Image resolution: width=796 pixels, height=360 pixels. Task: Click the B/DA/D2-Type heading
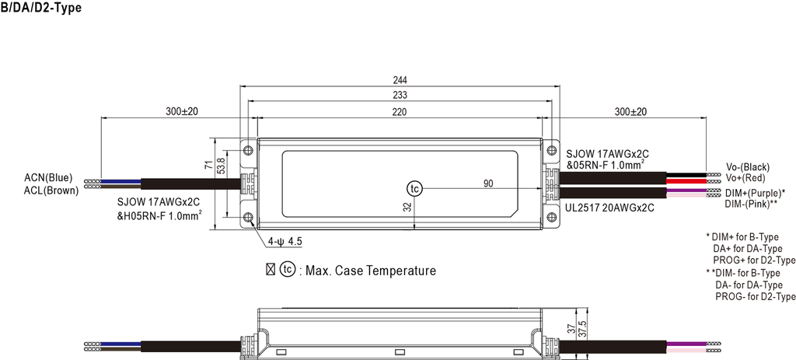click(x=41, y=8)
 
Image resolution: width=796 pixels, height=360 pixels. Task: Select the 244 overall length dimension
click(x=400, y=80)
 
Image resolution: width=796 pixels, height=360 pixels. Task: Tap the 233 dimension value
click(x=400, y=96)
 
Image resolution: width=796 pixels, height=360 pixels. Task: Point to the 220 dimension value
click(x=400, y=112)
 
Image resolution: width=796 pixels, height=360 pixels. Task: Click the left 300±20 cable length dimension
click(x=182, y=112)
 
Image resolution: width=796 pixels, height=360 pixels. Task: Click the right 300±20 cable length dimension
click(x=630, y=112)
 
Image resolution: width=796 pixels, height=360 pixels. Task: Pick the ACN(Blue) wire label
click(x=48, y=178)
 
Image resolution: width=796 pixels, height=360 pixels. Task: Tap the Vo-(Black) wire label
click(x=747, y=167)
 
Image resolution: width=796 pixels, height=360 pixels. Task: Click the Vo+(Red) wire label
click(x=745, y=178)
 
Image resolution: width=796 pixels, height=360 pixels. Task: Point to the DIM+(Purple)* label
click(x=755, y=192)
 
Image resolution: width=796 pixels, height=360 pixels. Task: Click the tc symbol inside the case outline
click(x=414, y=189)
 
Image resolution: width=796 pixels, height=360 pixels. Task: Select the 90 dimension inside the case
click(x=488, y=183)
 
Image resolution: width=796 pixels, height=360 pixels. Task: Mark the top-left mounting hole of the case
click(x=248, y=149)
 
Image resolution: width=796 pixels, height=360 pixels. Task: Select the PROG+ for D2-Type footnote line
click(x=754, y=260)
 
